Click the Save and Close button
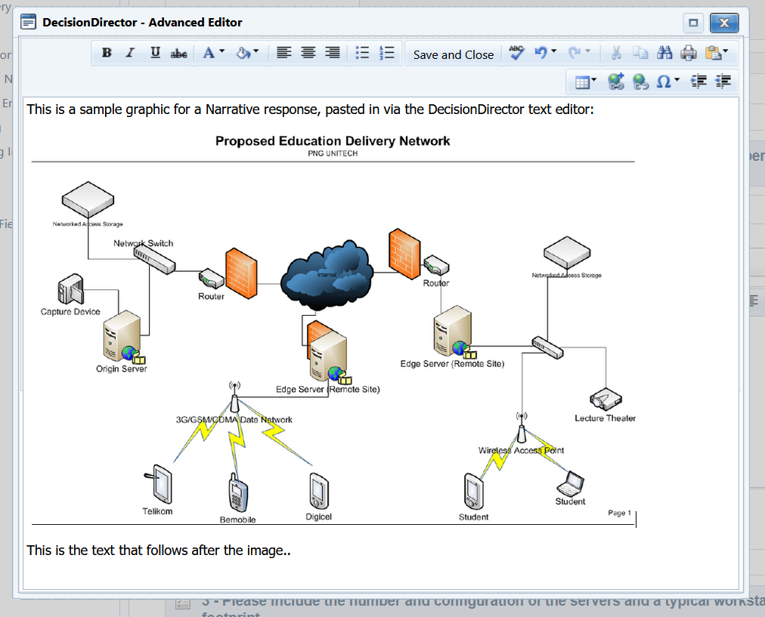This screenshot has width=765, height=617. pyautogui.click(x=453, y=54)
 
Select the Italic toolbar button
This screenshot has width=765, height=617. pyautogui.click(x=130, y=53)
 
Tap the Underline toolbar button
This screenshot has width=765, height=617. pyautogui.click(x=155, y=53)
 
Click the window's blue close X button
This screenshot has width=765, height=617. pyautogui.click(x=723, y=23)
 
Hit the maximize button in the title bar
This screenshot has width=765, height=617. pyautogui.click(x=692, y=23)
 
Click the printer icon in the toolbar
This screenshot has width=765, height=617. pyautogui.click(x=688, y=53)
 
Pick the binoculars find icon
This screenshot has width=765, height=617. pyautogui.click(x=664, y=53)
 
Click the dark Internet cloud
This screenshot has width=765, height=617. pyautogui.click(x=327, y=273)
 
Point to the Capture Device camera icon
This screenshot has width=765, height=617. pyautogui.click(x=70, y=291)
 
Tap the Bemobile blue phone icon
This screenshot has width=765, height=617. pyautogui.click(x=238, y=494)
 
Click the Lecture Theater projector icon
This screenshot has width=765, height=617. pyautogui.click(x=605, y=399)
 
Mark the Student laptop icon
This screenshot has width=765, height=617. pyautogui.click(x=571, y=483)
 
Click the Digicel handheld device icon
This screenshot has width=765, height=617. pyautogui.click(x=318, y=492)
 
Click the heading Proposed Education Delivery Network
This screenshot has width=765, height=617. pyautogui.click(x=333, y=141)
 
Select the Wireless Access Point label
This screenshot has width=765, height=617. pyautogui.click(x=521, y=450)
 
